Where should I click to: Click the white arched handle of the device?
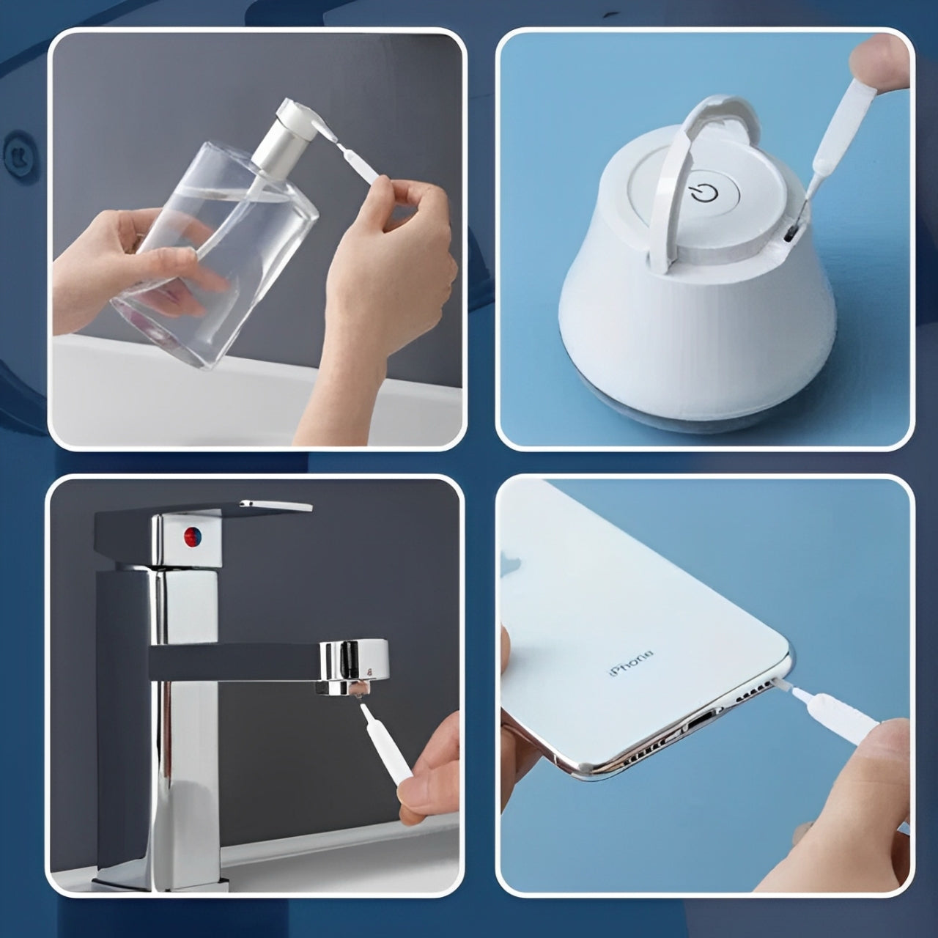674,176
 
